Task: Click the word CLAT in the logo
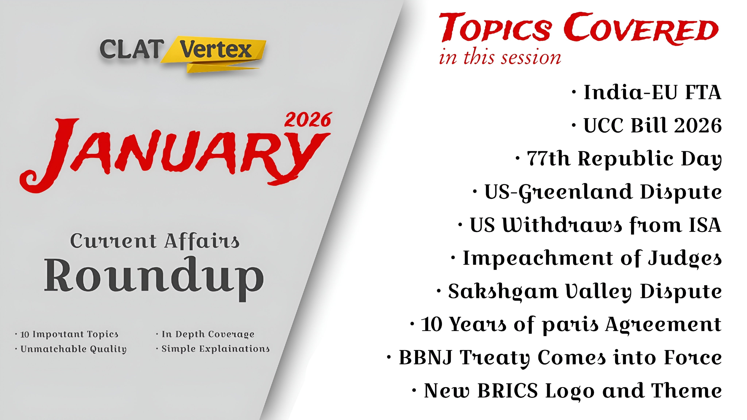point(132,49)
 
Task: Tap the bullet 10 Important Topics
point(67,334)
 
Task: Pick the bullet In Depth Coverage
point(205,334)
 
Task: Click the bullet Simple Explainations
point(213,349)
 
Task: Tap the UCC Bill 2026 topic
point(647,125)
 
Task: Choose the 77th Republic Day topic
point(619,159)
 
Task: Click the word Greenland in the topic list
point(576,192)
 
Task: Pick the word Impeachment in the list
point(538,258)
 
